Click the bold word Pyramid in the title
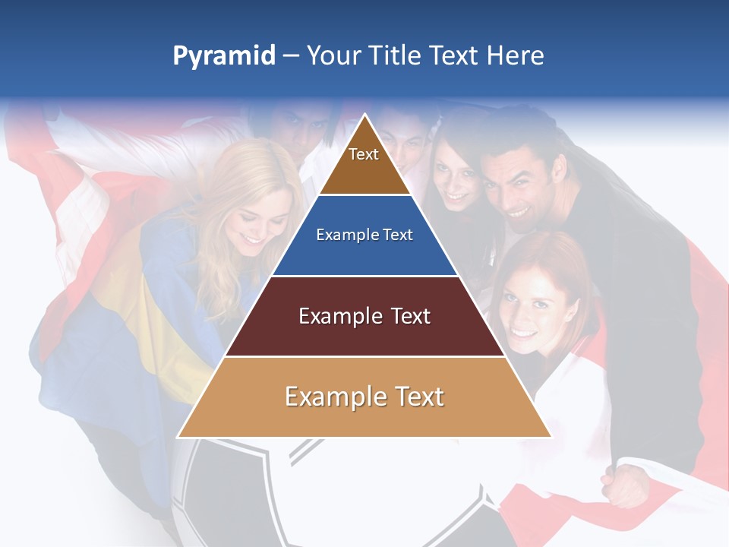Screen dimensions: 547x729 pyautogui.click(x=223, y=56)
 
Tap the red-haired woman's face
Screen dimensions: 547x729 pyautogui.click(x=532, y=308)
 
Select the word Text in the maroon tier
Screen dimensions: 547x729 pyautogui.click(x=406, y=316)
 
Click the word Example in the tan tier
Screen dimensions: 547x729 pyautogui.click(x=331, y=397)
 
